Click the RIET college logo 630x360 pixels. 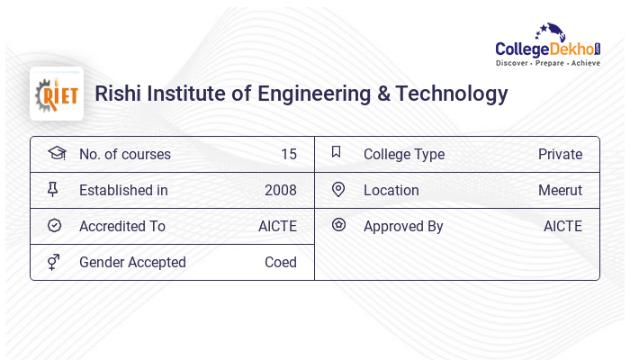click(x=57, y=94)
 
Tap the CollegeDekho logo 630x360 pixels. click(x=547, y=46)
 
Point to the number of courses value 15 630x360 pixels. click(x=289, y=155)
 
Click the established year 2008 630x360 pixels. click(x=281, y=191)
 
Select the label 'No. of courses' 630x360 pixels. click(x=125, y=155)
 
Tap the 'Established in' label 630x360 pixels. click(x=123, y=191)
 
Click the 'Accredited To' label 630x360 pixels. click(x=122, y=227)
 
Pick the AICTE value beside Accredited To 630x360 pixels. click(x=277, y=227)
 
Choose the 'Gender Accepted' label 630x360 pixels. click(x=132, y=263)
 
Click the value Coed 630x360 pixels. click(x=281, y=263)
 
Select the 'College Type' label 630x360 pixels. click(x=404, y=155)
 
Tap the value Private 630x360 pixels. click(x=560, y=155)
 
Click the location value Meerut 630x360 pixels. click(x=560, y=191)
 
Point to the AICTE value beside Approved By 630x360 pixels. click(x=562, y=227)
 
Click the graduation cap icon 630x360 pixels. click(x=56, y=153)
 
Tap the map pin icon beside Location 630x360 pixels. click(x=338, y=190)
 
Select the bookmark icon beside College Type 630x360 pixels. click(x=337, y=153)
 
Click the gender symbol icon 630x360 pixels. click(x=54, y=262)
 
